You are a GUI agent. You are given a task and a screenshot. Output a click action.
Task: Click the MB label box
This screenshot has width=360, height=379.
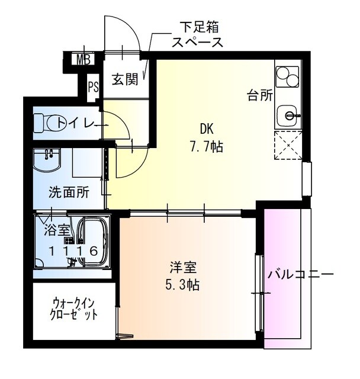pyautogui.click(x=83, y=59)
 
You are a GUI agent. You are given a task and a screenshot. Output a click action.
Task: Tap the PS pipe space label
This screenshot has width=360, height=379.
pyautogui.click(x=94, y=86)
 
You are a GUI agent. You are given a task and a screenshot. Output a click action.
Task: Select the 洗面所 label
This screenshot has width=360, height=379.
pyautogui.click(x=69, y=192)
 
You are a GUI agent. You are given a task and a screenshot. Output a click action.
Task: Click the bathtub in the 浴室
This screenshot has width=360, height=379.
pyautogui.click(x=93, y=242)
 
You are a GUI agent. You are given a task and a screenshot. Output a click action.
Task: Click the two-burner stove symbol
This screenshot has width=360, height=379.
pyautogui.click(x=288, y=76)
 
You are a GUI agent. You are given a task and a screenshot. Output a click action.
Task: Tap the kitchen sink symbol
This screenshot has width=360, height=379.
pyautogui.click(x=288, y=114)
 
